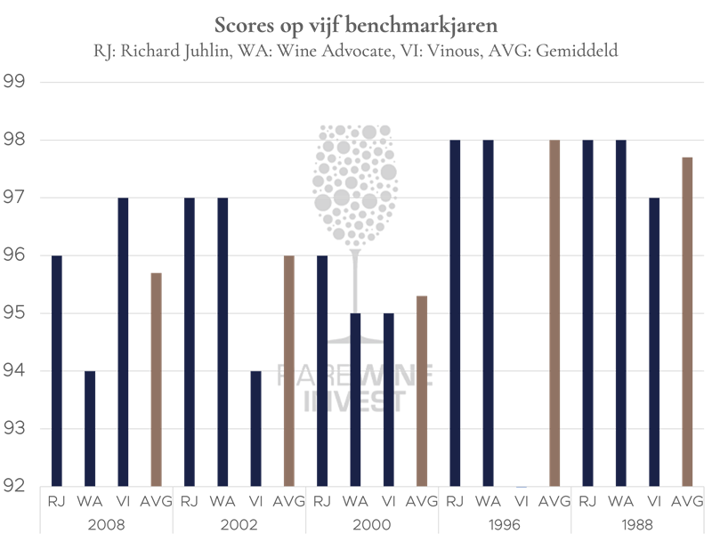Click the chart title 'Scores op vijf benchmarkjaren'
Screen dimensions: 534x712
click(x=356, y=21)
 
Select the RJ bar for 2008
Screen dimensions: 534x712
click(x=57, y=370)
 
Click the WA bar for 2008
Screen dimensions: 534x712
click(x=90, y=428)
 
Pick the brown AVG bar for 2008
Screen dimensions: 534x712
click(x=156, y=379)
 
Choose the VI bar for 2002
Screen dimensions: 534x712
click(x=256, y=428)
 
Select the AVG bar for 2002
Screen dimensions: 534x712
click(x=289, y=370)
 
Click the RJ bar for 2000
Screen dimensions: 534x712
click(x=323, y=370)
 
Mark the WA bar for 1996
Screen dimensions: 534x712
click(x=489, y=312)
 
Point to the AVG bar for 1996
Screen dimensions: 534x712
click(x=555, y=312)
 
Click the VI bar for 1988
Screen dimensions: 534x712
click(x=654, y=342)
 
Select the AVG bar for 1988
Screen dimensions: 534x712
click(x=688, y=321)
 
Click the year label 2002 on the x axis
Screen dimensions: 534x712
click(x=239, y=523)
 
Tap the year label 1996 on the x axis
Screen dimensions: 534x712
click(x=506, y=523)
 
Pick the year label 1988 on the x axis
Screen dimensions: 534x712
click(x=638, y=523)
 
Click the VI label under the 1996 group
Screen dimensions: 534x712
click(x=522, y=501)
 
